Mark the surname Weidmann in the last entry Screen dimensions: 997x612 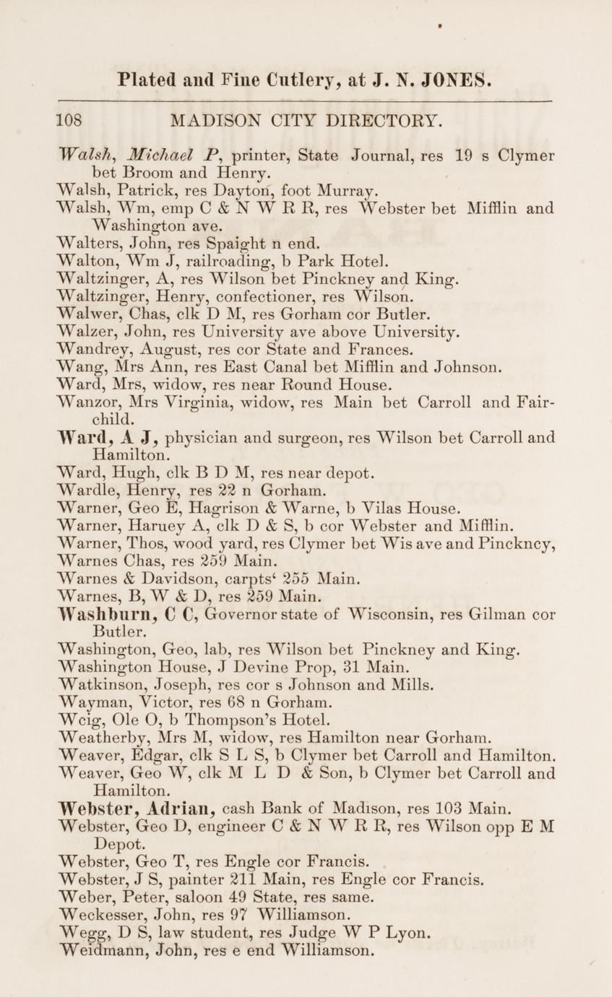97,951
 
